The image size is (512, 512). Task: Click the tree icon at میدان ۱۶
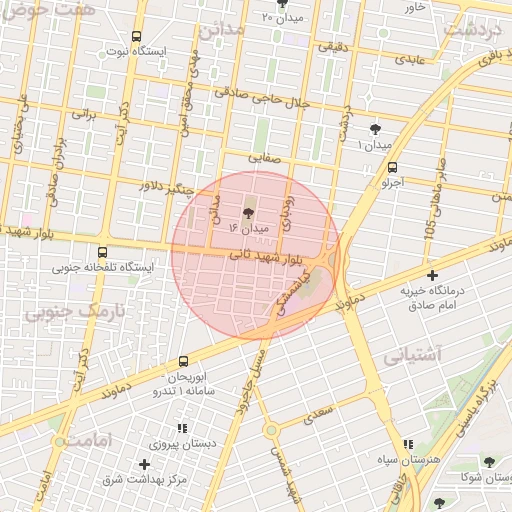(249, 212)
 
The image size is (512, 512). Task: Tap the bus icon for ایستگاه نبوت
(136, 35)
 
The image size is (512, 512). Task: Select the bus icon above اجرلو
(391, 167)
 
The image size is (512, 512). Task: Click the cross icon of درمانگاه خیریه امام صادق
(432, 275)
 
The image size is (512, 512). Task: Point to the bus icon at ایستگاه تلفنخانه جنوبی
(103, 252)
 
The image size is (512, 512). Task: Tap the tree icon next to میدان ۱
(375, 128)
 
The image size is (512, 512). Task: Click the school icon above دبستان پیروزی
(182, 427)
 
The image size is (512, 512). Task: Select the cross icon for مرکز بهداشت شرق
(145, 464)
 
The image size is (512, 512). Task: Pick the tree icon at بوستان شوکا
(488, 462)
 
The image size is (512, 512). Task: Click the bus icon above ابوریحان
(183, 360)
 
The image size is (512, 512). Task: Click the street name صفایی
(275, 158)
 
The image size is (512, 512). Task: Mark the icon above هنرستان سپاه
(407, 444)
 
